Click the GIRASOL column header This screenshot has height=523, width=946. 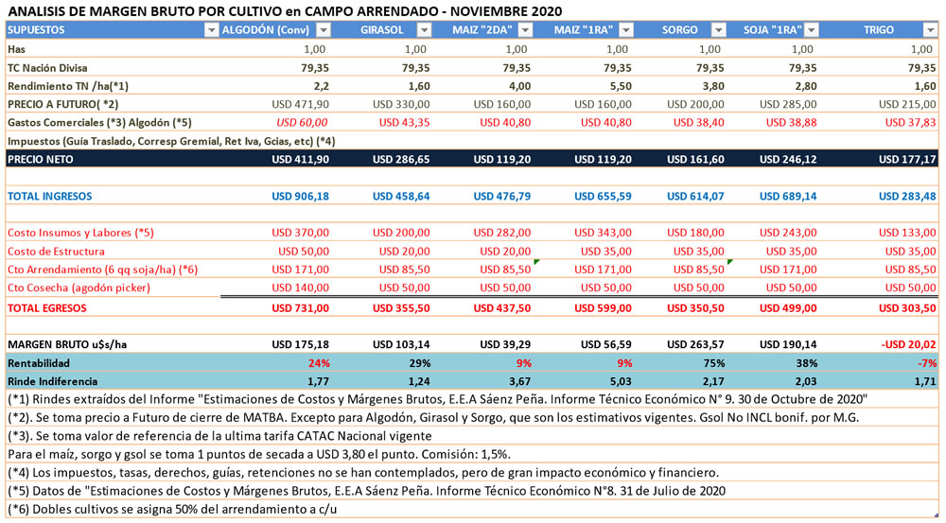[382, 30]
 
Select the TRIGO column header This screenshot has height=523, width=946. [878, 30]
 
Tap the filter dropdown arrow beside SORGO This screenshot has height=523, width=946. [720, 30]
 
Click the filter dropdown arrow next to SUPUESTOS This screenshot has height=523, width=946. [210, 30]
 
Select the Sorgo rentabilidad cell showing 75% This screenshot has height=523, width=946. [713, 362]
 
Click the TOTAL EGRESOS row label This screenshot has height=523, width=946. [46, 307]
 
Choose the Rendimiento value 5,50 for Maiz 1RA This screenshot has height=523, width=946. [618, 85]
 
